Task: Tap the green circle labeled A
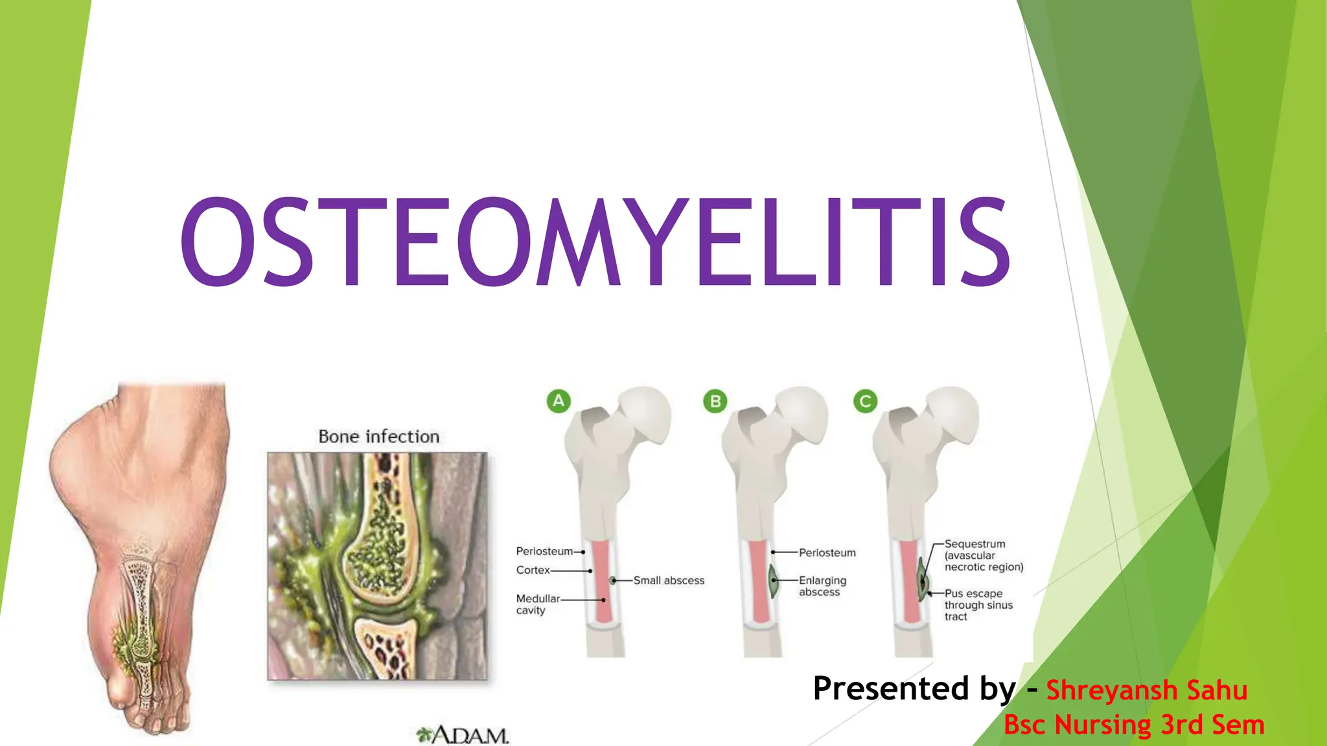point(559,401)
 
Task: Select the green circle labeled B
point(715,401)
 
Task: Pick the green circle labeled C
point(865,401)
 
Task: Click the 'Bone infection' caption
point(379,436)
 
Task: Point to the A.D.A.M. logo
point(463,735)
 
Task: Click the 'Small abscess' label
point(669,580)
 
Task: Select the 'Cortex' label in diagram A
point(533,570)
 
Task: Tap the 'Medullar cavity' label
point(537,604)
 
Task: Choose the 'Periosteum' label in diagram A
point(544,551)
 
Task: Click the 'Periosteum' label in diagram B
point(827,552)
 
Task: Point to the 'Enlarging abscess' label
point(822,586)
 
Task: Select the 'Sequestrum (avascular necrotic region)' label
point(984,556)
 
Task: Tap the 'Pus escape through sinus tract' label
point(978,605)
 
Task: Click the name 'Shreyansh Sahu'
point(1147,690)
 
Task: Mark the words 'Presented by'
point(914,688)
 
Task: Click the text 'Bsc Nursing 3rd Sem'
point(1134,725)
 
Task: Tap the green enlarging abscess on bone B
point(772,581)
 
